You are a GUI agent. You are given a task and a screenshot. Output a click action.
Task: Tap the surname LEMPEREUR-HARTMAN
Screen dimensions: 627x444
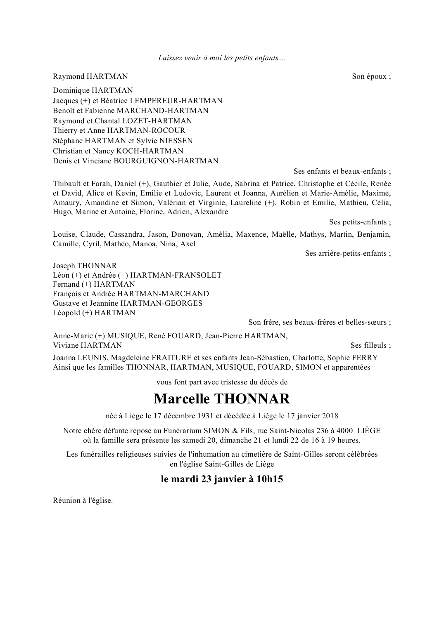tap(176, 101)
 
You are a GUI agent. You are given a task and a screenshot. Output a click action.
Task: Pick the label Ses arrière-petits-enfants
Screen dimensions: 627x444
tap(348, 253)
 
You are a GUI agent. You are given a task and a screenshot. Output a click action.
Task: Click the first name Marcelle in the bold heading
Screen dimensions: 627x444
tap(181, 399)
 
